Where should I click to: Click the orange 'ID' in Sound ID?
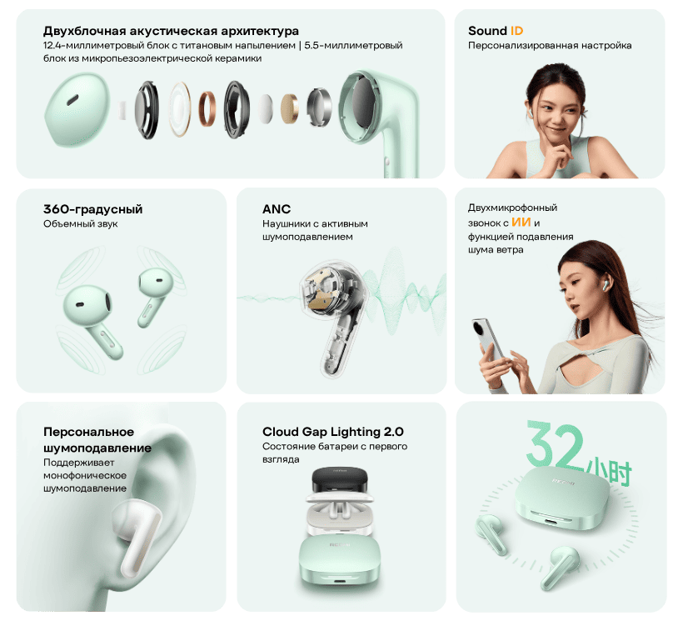click(516, 31)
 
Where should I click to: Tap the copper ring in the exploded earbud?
click(207, 109)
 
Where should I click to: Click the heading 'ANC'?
click(277, 209)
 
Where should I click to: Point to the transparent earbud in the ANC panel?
click(335, 318)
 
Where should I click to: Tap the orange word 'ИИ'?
click(521, 223)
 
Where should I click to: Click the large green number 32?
click(555, 444)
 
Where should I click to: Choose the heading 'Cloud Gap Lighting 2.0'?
click(333, 432)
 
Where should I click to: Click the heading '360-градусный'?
click(92, 209)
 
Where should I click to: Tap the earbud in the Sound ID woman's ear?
click(531, 113)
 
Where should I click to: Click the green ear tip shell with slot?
click(77, 110)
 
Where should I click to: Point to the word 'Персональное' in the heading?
click(89, 432)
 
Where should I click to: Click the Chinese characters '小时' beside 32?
click(609, 472)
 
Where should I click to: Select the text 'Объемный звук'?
click(81, 224)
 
